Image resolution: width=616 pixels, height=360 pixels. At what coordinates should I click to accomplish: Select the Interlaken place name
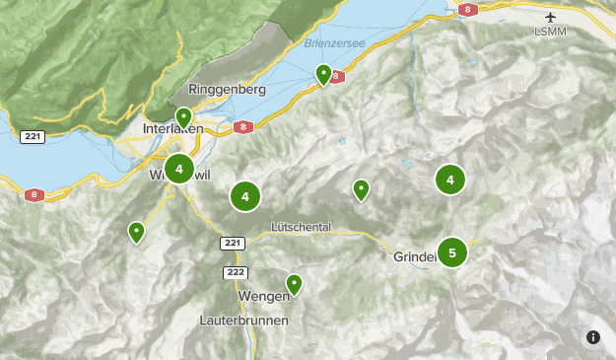pos(172,129)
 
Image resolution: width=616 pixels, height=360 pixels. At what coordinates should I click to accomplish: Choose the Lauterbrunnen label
pos(243,321)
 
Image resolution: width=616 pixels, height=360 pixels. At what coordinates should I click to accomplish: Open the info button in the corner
pos(593,337)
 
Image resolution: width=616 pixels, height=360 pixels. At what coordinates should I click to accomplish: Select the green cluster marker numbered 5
pos(452,252)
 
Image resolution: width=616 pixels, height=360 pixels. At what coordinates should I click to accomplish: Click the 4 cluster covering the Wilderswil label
pos(179,170)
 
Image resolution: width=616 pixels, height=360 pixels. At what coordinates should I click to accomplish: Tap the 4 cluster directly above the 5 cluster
pos(450,180)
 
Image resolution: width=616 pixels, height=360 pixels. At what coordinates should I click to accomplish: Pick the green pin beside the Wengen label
pos(294,285)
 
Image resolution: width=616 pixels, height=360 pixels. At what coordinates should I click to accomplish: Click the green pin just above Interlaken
pos(183,118)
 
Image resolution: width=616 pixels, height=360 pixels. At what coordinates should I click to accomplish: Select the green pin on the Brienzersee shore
pos(323,74)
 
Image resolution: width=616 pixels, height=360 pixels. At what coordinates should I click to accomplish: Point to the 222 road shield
pos(235,271)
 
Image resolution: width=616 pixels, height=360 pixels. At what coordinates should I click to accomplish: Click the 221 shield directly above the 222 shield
pos(232,243)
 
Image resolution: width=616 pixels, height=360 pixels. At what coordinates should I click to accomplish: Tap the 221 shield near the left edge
pos(32,137)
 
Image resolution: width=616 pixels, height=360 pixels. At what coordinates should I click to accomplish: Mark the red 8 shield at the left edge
pos(34,195)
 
